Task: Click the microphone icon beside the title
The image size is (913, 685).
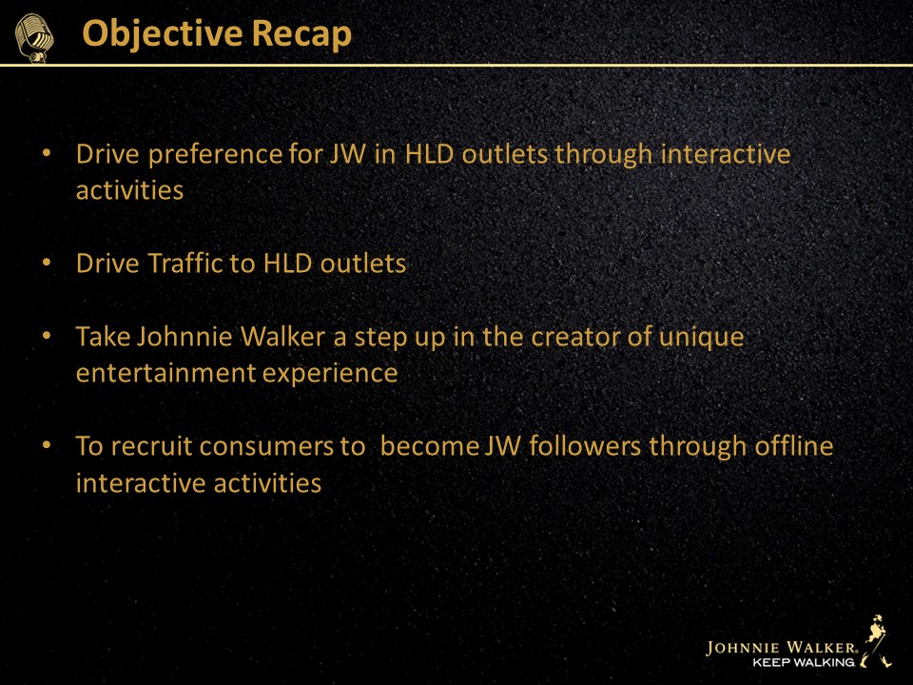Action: tap(34, 38)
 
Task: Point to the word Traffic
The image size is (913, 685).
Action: tap(185, 264)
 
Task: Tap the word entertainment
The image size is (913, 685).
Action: tap(165, 373)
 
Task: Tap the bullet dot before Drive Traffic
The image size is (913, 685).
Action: tap(47, 263)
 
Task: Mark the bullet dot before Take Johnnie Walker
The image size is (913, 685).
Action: tap(47, 336)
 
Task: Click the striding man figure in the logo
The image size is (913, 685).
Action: tap(876, 640)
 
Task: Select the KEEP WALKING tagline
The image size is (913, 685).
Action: tap(804, 662)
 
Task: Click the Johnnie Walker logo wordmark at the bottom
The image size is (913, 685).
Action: tap(781, 647)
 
